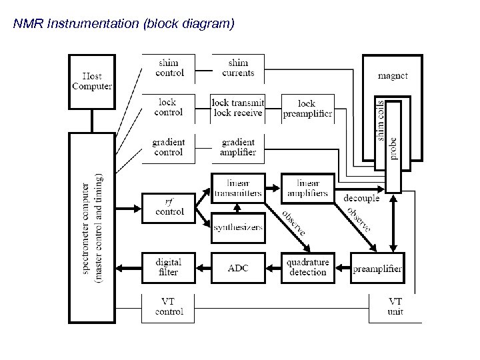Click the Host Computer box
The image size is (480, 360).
(x=92, y=81)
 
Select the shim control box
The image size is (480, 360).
(x=169, y=68)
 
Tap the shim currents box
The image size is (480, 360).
(x=238, y=68)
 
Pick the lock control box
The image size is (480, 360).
(x=169, y=107)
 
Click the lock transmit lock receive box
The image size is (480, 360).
(x=238, y=107)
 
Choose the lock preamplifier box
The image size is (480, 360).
(x=307, y=108)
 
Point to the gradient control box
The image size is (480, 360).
(x=169, y=147)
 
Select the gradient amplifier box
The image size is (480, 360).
(x=238, y=147)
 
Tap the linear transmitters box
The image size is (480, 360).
(x=238, y=188)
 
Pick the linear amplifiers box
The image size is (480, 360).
(x=307, y=188)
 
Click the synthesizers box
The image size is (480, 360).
(x=238, y=227)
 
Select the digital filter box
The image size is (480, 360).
(x=169, y=267)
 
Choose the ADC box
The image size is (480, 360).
(x=238, y=267)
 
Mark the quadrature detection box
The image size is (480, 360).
(x=307, y=267)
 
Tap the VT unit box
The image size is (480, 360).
(x=395, y=307)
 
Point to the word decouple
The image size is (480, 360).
(x=361, y=198)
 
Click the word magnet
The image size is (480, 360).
(x=393, y=76)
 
